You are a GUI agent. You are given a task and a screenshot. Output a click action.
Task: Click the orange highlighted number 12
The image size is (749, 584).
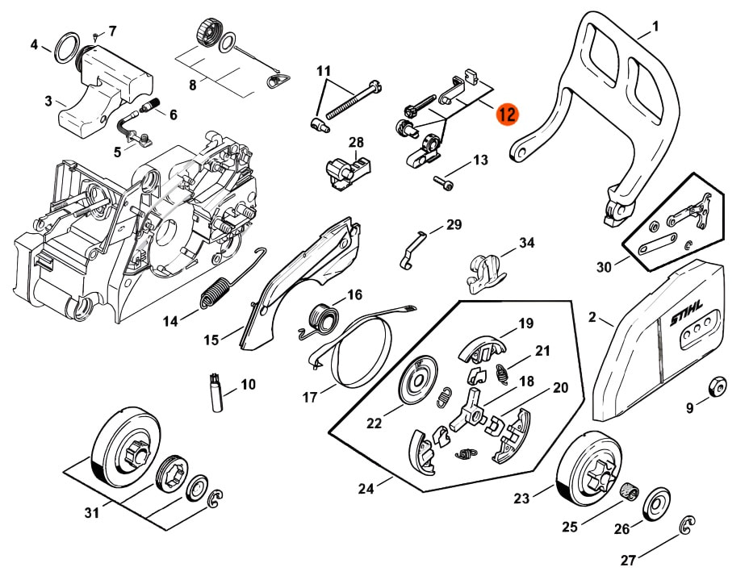507,114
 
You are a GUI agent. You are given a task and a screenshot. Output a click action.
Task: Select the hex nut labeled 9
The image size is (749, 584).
715,388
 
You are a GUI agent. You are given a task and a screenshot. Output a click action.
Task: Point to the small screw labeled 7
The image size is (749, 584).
96,36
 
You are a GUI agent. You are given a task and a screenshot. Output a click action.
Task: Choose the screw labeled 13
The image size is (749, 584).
443,182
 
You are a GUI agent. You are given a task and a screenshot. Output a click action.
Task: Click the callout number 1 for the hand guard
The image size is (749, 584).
655,26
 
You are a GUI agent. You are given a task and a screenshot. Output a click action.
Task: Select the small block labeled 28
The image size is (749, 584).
345,170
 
